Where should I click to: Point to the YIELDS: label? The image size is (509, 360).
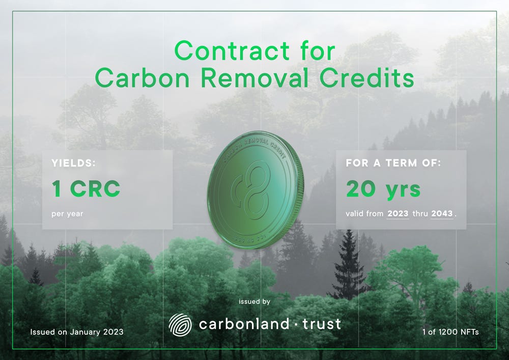[x=74, y=163]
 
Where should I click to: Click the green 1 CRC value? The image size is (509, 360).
[x=86, y=189]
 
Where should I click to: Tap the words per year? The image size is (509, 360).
[x=67, y=213]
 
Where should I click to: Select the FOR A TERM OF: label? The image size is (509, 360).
[x=393, y=163]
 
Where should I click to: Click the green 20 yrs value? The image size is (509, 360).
[x=383, y=189]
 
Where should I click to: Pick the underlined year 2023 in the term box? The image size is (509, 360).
[x=398, y=214]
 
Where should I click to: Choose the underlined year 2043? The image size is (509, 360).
[x=442, y=214]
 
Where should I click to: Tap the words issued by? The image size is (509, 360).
[x=254, y=301]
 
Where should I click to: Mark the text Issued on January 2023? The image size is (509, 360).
[x=77, y=332]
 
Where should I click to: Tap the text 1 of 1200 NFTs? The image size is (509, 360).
[x=450, y=332]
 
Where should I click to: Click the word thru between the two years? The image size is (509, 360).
[x=420, y=214]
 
